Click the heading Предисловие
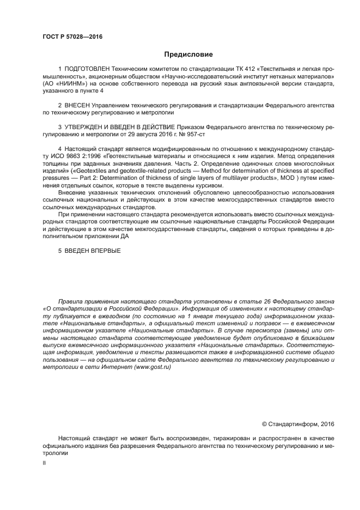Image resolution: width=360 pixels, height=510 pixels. [x=188, y=54]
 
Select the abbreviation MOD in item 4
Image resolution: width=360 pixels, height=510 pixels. [x=289, y=178]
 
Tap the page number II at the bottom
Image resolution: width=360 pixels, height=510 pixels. [x=44, y=462]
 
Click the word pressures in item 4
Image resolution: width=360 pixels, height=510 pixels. [x=57, y=178]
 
